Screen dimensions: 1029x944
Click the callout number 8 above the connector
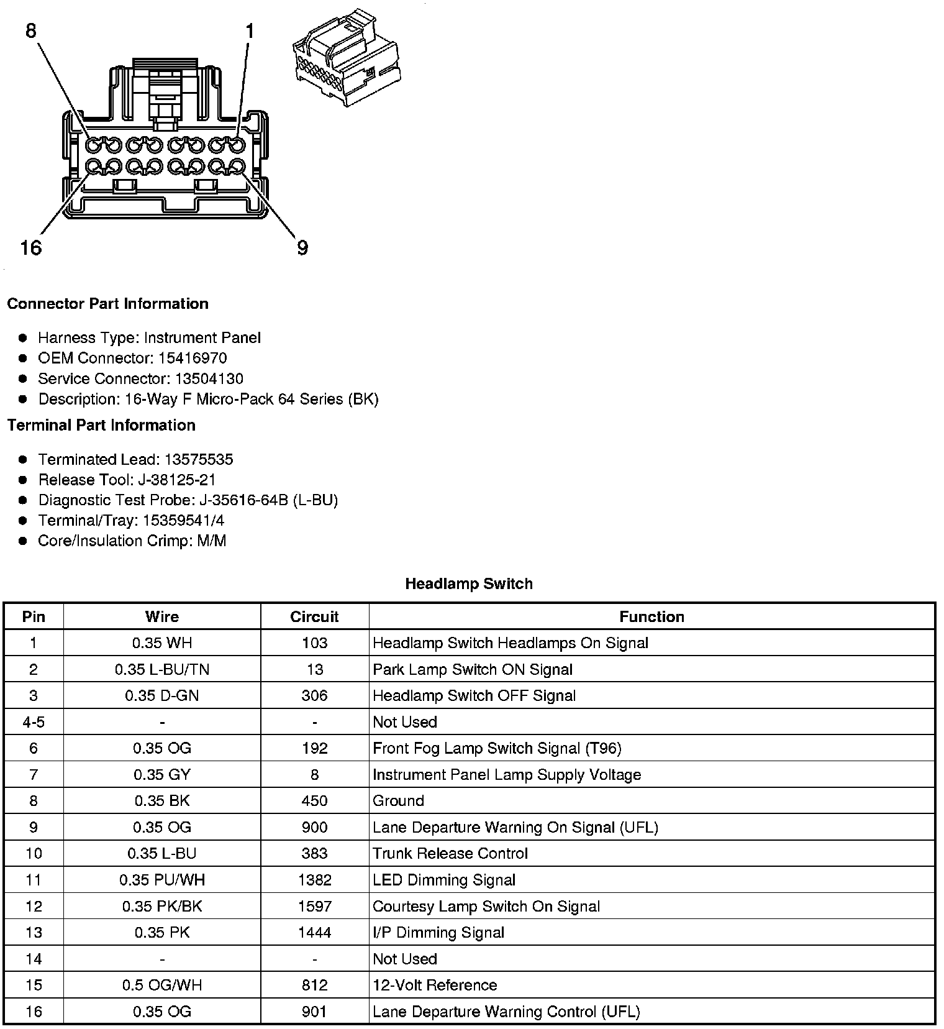[31, 30]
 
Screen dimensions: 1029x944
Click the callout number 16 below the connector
[31, 248]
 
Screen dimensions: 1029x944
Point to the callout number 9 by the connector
[302, 248]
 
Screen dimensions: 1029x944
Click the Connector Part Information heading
[107, 304]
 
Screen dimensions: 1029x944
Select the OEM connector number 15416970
[192, 359]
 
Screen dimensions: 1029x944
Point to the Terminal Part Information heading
[101, 425]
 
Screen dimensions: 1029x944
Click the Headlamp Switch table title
[469, 584]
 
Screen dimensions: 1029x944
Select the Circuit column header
[314, 617]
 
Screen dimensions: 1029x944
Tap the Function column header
[651, 617]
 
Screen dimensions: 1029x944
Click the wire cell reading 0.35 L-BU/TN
[162, 670]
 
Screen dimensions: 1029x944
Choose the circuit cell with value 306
[314, 696]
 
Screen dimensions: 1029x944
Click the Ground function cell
[398, 801]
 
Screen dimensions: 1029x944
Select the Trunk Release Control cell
[450, 854]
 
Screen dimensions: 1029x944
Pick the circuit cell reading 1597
[314, 907]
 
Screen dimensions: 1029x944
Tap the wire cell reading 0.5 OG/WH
[162, 986]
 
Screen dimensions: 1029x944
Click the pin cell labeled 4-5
[34, 722]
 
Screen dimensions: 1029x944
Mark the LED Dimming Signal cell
[444, 880]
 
